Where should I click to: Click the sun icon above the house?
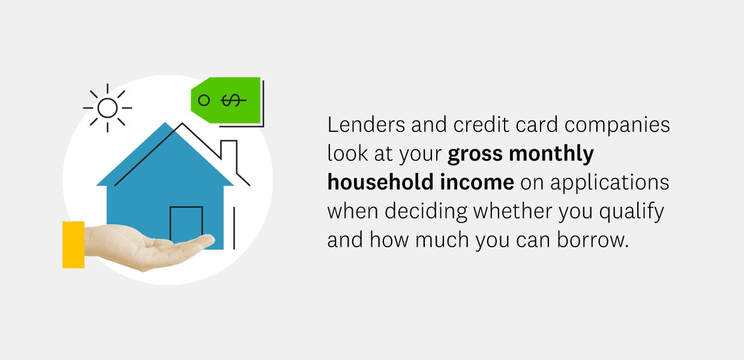tap(107, 108)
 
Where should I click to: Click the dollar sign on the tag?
tap(231, 100)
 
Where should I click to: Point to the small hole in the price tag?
tap(204, 100)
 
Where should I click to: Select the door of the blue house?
tap(186, 225)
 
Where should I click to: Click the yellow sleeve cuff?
tap(73, 244)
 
